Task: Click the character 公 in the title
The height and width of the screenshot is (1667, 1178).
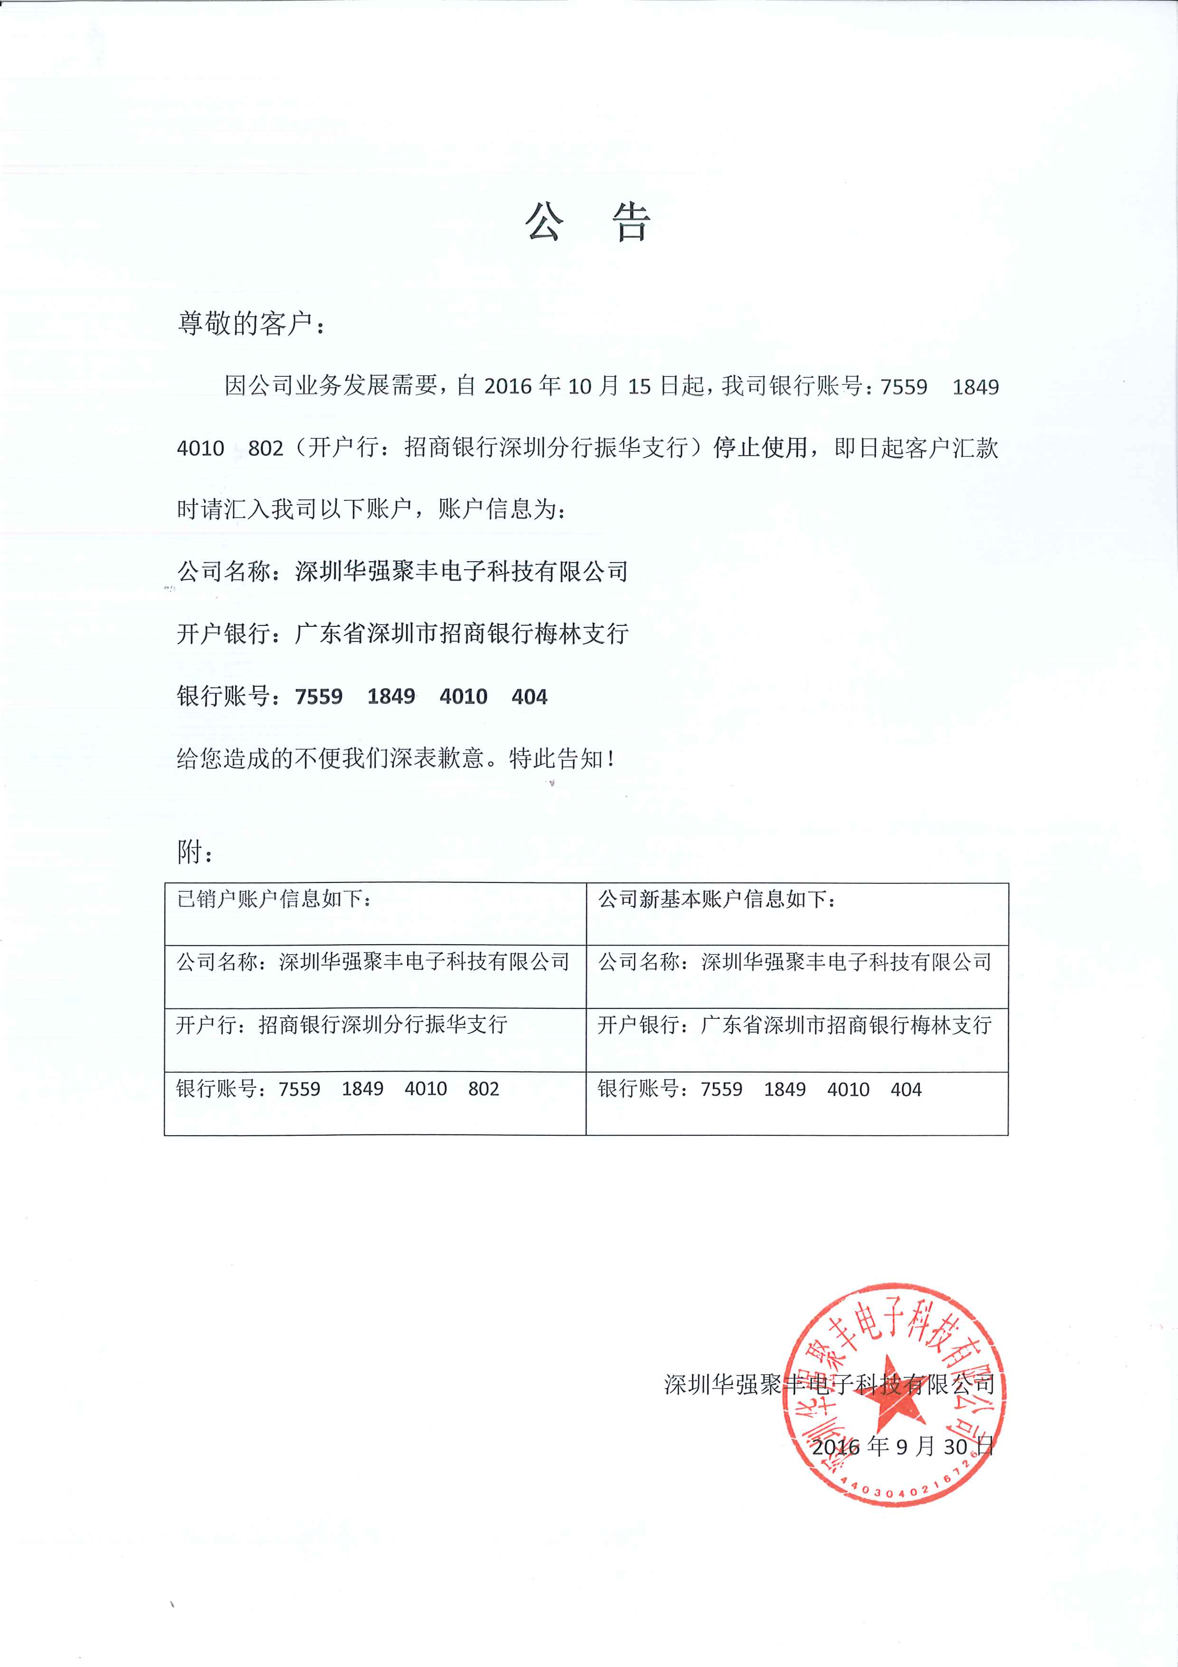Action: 544,221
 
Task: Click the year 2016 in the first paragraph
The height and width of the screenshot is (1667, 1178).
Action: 508,386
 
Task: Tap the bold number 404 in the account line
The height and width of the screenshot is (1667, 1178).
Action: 529,697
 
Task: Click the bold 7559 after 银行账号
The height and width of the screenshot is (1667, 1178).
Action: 319,697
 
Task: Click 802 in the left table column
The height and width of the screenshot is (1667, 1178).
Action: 484,1089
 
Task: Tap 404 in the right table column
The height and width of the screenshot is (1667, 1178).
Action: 906,1090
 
